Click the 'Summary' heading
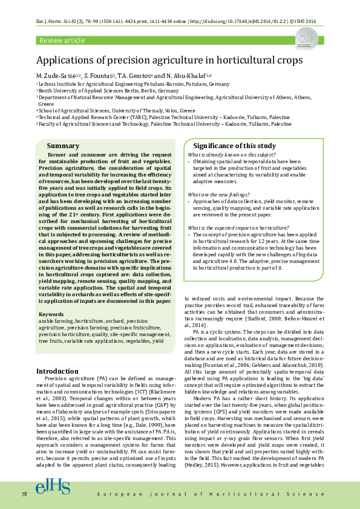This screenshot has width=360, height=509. coord(63,146)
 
